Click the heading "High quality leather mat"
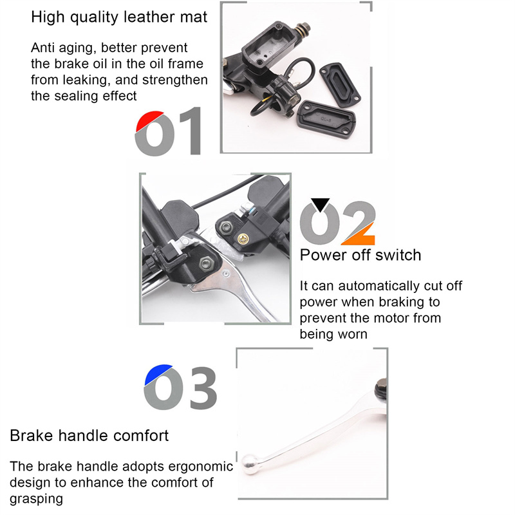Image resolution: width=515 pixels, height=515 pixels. click(119, 17)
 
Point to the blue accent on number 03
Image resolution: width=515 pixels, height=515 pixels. click(157, 374)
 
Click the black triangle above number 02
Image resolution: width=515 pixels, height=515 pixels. click(320, 204)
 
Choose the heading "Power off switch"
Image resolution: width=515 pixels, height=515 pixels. click(360, 255)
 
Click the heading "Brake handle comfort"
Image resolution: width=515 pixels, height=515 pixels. click(89, 436)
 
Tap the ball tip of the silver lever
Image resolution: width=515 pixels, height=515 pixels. click(250, 464)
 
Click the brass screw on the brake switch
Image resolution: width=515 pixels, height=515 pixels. click(243, 239)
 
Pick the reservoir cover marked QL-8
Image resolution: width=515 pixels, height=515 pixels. click(326, 120)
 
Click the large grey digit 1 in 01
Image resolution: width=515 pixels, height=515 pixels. click(191, 131)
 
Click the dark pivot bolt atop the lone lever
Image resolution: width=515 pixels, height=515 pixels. click(381, 388)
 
